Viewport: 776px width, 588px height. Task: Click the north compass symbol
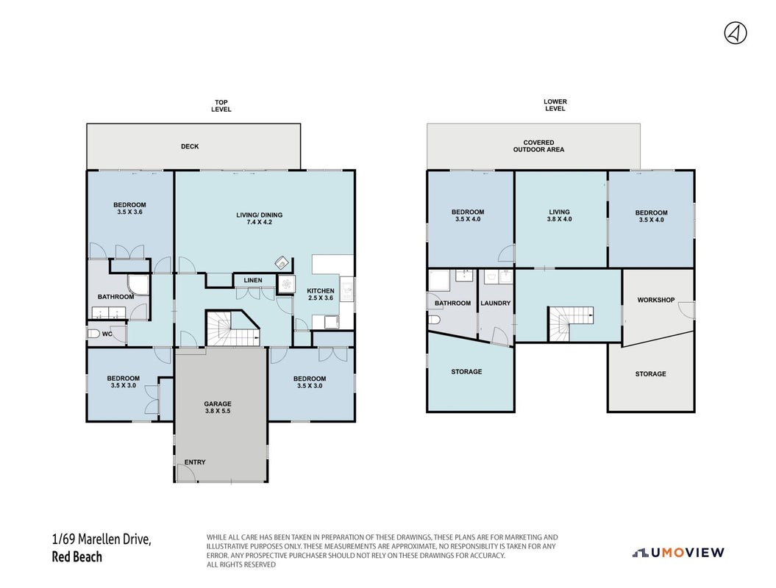pyautogui.click(x=736, y=34)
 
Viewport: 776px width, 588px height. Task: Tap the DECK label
pyautogui.click(x=190, y=146)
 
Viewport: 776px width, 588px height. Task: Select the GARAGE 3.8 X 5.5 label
pyautogui.click(x=218, y=407)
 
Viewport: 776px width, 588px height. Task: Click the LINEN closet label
pyautogui.click(x=253, y=280)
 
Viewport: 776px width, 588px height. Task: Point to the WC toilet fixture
pyautogui.click(x=93, y=334)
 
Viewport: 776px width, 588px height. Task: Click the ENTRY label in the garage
pyautogui.click(x=194, y=462)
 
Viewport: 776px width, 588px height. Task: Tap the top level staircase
pyautogui.click(x=232, y=328)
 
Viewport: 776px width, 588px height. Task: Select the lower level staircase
pyautogui.click(x=570, y=323)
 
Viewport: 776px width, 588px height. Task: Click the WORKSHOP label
pyautogui.click(x=656, y=300)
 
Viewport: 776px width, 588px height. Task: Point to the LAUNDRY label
pyautogui.click(x=496, y=303)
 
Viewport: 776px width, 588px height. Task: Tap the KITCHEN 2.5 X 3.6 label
pyautogui.click(x=321, y=294)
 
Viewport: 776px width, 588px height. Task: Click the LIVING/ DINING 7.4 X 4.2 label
pyautogui.click(x=260, y=218)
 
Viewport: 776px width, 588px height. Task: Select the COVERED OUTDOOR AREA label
pyautogui.click(x=538, y=146)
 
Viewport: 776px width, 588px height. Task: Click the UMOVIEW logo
pyautogui.click(x=678, y=553)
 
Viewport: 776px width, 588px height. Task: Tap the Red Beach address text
pyautogui.click(x=76, y=557)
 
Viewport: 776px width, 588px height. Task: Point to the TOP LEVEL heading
pyautogui.click(x=221, y=106)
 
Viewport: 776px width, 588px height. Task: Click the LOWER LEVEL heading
pyautogui.click(x=555, y=105)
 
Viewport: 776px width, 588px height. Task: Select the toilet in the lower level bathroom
pyautogui.click(x=433, y=320)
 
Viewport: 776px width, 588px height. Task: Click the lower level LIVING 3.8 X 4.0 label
pyautogui.click(x=560, y=215)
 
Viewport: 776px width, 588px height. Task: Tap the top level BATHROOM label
pyautogui.click(x=115, y=297)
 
